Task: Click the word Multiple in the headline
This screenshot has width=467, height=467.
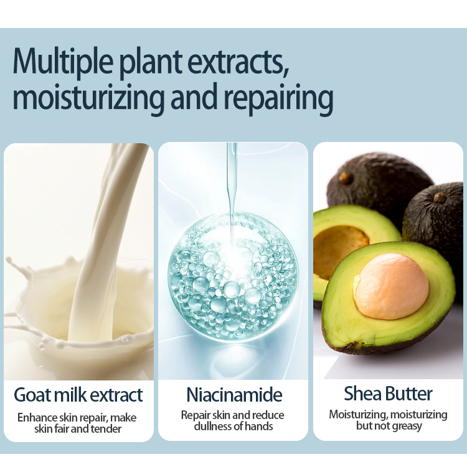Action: pyautogui.click(x=63, y=62)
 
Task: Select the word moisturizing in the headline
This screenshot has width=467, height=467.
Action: pyautogui.click(x=88, y=98)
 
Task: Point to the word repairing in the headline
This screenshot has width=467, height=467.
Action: pyautogui.click(x=278, y=98)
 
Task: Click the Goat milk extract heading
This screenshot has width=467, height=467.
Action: pyautogui.click(x=78, y=395)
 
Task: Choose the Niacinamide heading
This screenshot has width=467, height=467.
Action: pyautogui.click(x=234, y=395)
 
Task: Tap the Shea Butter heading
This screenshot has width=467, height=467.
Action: pyautogui.click(x=388, y=394)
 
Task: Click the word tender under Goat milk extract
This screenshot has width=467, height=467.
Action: pyautogui.click(x=106, y=429)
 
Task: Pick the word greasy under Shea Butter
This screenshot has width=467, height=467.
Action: pyautogui.click(x=407, y=427)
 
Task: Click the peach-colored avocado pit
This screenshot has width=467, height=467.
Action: pyautogui.click(x=392, y=286)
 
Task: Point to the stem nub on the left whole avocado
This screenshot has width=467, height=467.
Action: pyautogui.click(x=346, y=178)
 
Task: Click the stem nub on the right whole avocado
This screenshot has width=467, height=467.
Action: pyautogui.click(x=440, y=197)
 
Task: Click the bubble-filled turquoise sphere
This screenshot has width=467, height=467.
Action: pyautogui.click(x=233, y=277)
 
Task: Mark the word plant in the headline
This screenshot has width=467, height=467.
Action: pyautogui.click(x=150, y=64)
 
